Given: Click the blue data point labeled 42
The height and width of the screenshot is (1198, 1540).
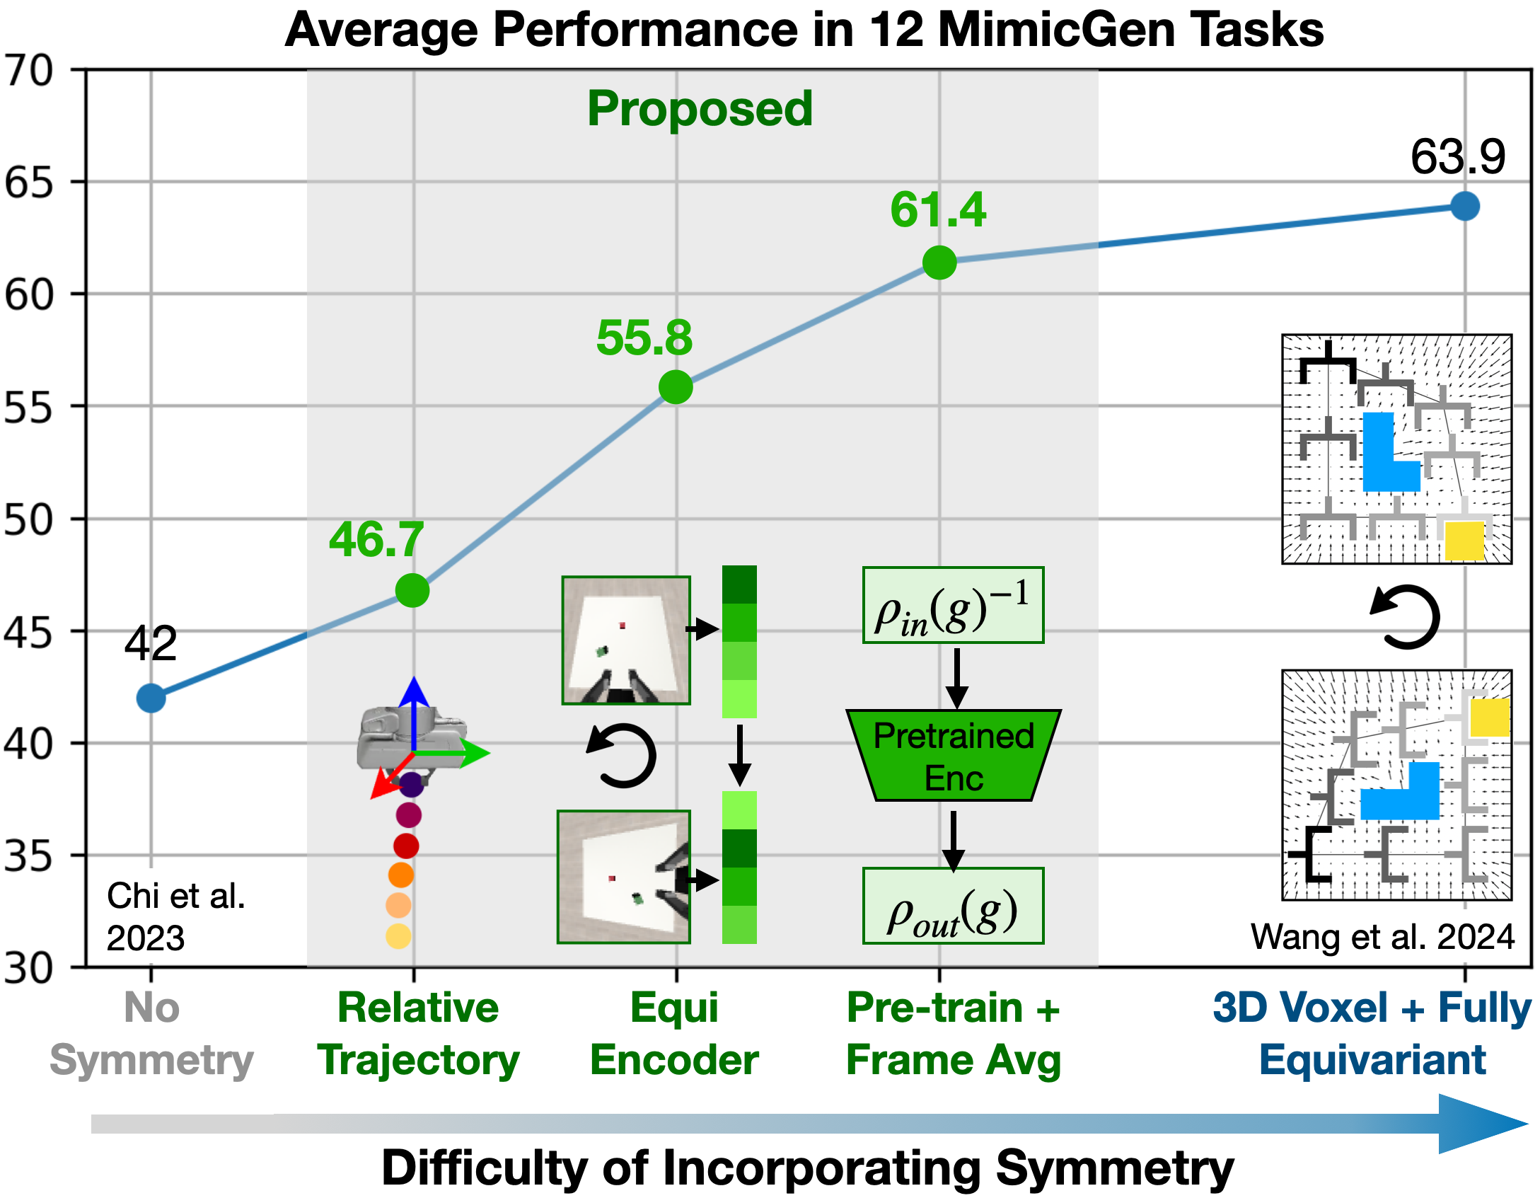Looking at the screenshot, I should [151, 698].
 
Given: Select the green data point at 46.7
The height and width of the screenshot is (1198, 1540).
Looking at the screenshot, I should [412, 590].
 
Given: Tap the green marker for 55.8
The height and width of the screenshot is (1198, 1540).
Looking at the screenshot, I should [676, 387].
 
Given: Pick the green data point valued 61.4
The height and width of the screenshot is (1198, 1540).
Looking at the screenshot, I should [939, 263].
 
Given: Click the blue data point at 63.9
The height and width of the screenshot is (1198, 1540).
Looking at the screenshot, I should [1464, 206].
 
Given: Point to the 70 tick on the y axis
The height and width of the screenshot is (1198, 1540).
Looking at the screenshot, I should [28, 71].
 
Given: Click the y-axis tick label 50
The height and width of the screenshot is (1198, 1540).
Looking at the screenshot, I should [28, 519].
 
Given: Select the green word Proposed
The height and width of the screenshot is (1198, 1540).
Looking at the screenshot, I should [700, 109].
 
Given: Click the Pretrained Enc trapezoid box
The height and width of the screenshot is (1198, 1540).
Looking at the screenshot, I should [954, 756].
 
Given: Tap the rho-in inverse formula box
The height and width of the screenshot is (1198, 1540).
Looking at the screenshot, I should [953, 605].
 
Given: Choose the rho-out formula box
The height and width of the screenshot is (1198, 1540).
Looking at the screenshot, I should [953, 906].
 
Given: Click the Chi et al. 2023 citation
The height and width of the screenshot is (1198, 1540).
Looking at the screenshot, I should [175, 916].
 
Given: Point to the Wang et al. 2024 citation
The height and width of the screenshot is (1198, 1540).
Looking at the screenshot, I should [1382, 936].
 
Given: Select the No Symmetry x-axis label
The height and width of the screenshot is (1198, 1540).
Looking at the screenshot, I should [151, 1033].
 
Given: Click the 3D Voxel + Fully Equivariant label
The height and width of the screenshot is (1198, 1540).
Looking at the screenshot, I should [1372, 1033].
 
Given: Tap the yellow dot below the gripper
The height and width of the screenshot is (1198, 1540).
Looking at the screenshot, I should [398, 936].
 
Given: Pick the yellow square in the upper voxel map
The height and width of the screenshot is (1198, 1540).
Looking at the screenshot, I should [1464, 541].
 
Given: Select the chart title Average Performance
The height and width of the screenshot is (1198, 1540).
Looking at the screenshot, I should [804, 30].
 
